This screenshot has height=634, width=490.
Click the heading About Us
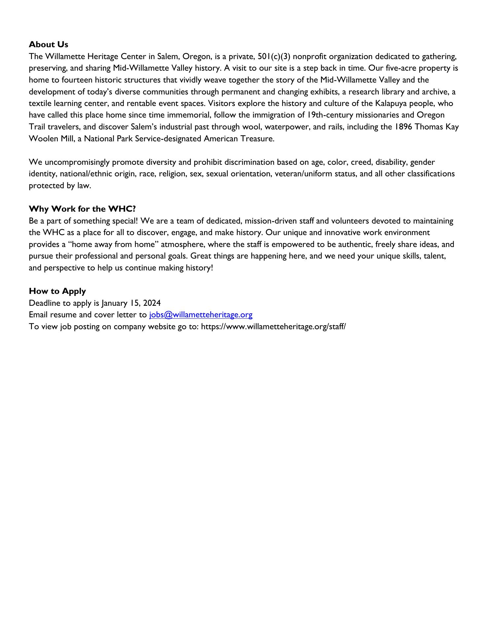pos(49,45)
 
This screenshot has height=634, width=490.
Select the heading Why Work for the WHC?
pos(82,209)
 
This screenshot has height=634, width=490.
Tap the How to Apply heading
pos(57,291)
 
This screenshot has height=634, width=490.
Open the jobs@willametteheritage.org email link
pos(201,315)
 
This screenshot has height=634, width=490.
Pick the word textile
pos(39,103)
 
